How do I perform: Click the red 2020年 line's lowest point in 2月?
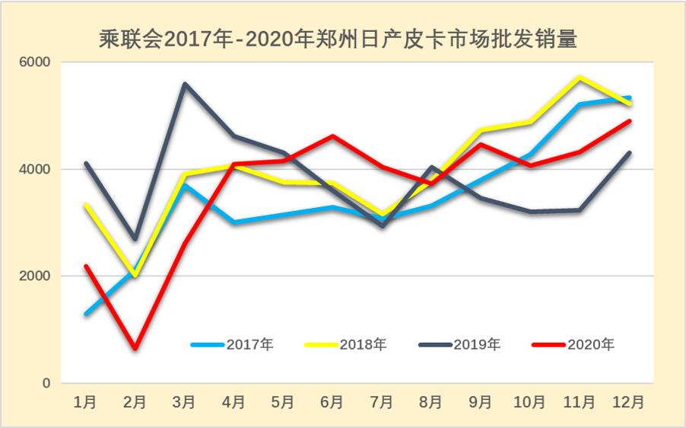(x=135, y=349)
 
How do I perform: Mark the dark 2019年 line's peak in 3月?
(x=185, y=84)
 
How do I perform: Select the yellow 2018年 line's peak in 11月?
(x=580, y=78)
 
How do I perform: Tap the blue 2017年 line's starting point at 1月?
(x=86, y=314)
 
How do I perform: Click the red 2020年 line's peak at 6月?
(x=332, y=136)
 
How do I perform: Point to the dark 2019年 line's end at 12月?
(x=629, y=153)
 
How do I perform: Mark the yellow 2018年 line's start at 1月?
(x=86, y=205)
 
